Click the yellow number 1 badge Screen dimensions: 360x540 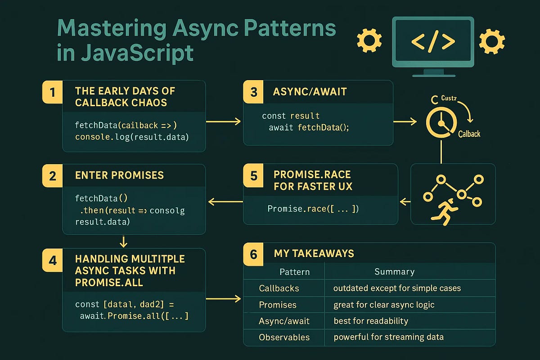point(53,93)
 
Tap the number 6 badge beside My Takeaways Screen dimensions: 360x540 point(253,254)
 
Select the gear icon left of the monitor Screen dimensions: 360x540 point(369,41)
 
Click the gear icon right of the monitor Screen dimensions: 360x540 point(491,41)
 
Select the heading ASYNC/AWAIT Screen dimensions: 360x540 point(310,91)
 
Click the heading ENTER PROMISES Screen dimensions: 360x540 point(119,175)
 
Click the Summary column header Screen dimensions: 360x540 point(394,271)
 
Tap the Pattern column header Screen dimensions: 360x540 point(295,271)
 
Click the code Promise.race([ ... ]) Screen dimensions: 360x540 point(313,209)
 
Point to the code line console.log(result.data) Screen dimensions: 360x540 point(132,136)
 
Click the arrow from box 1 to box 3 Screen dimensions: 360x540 point(224,121)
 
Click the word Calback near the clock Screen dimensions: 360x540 point(469,134)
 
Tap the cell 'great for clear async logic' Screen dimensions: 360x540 point(384,305)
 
